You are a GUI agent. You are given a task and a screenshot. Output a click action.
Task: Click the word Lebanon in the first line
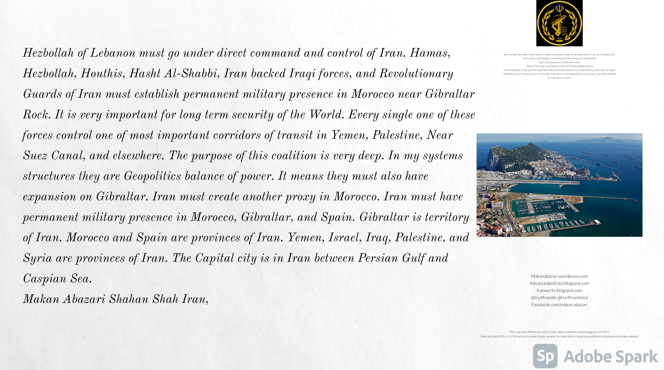coord(113,53)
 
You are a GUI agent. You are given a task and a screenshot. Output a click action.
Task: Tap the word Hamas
coord(430,53)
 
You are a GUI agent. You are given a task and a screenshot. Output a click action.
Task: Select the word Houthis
coord(103,74)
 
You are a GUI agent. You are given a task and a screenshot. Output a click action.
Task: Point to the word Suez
coord(35,156)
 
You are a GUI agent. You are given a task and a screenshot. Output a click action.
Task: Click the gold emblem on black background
coord(559,23)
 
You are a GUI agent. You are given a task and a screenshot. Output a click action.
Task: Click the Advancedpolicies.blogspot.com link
coord(559,283)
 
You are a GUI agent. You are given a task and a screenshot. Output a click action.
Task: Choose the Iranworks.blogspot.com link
coord(559,290)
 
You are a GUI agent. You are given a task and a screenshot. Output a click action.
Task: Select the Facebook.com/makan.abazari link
coord(559,305)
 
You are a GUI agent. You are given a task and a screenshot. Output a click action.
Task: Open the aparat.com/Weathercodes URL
coord(559,62)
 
